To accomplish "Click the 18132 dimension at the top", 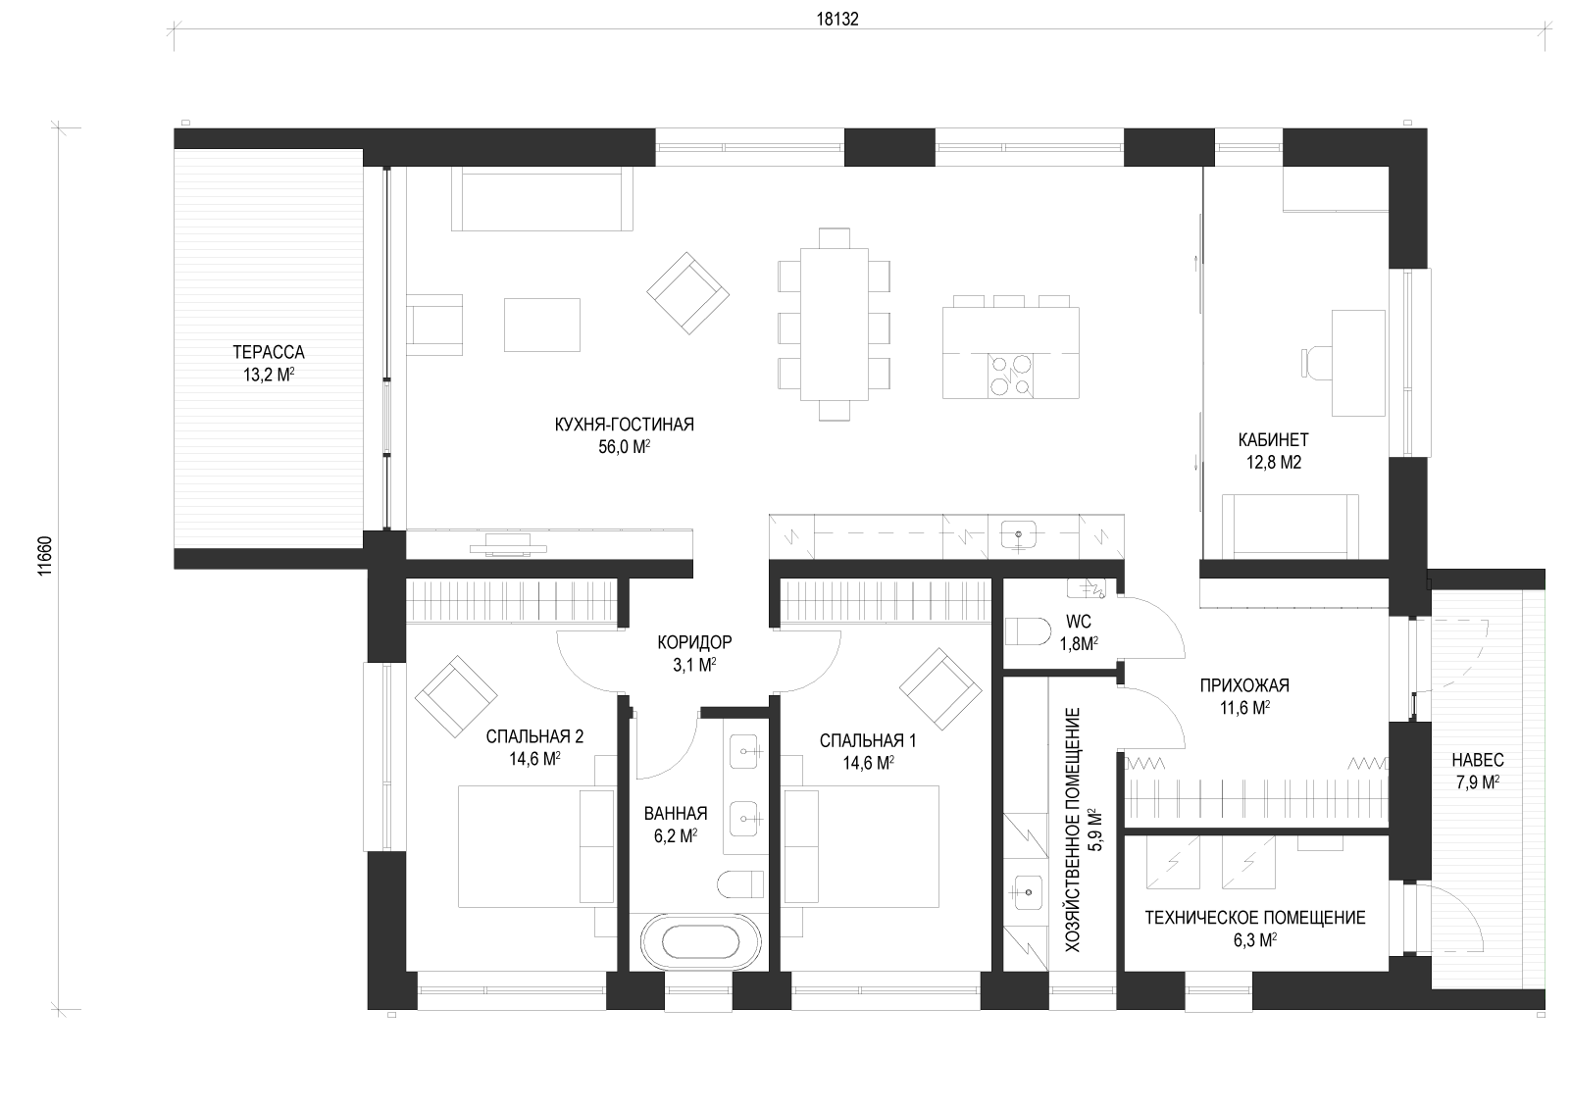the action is coord(837,19).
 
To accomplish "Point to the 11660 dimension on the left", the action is coord(44,556).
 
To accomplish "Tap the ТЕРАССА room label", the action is coord(269,352).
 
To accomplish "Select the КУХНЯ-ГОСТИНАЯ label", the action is coord(625,425).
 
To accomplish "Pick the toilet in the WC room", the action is coord(1028,630).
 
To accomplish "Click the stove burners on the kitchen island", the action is coord(1010,376).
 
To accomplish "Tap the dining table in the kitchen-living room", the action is coord(834,324).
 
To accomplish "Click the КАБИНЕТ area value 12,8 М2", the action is coord(1274,463).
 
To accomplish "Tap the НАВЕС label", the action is coord(1478,760).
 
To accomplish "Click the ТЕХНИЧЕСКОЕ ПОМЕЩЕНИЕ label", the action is coord(1255,918).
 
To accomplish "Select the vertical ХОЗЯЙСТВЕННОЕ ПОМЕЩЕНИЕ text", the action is coord(1073,830).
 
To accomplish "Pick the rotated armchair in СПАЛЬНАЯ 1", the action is coord(940,689).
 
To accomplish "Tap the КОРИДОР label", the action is coord(695,641).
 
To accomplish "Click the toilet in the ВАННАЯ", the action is coord(740,884).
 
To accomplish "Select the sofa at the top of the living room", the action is coord(542,199).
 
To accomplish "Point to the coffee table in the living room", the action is coord(542,325).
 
